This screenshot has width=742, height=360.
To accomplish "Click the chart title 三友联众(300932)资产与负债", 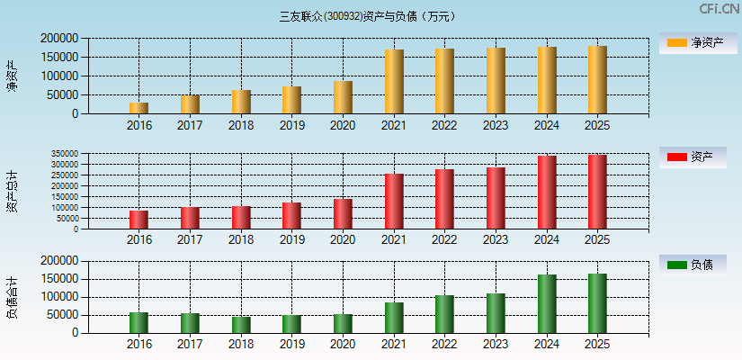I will [x=368, y=16].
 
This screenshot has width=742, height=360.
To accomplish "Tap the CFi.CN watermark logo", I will [x=720, y=9].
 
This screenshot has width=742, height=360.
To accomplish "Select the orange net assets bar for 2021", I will [x=394, y=82].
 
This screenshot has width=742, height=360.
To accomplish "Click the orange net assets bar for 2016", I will [x=139, y=108].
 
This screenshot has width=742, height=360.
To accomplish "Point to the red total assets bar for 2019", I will [x=291, y=216].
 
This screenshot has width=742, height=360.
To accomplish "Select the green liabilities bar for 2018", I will [x=241, y=325].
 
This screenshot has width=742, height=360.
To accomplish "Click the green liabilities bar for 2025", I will [x=597, y=303].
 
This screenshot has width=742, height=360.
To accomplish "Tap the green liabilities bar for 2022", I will [x=444, y=314].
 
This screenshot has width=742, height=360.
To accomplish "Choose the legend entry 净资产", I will [x=693, y=42].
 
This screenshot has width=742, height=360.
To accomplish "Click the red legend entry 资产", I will [x=693, y=157].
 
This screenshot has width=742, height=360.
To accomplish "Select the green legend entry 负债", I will [x=693, y=265].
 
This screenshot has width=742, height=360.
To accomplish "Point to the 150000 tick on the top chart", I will [x=58, y=58].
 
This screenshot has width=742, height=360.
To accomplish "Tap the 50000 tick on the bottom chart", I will [x=62, y=315].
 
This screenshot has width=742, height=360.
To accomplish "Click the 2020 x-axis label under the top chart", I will [x=343, y=125].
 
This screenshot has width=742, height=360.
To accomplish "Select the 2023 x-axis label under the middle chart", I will [x=496, y=240].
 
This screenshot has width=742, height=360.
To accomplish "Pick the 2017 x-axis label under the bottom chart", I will [x=190, y=344].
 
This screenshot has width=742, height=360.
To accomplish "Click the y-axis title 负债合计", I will [x=12, y=298].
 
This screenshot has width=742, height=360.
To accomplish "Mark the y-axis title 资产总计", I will [x=12, y=192].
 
